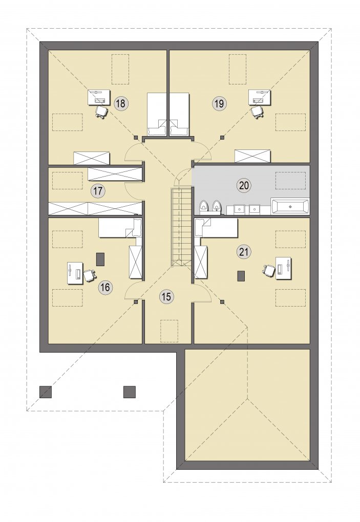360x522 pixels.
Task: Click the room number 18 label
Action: (120, 103)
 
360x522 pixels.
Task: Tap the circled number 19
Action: (219, 103)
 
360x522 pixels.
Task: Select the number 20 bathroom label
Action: (244, 185)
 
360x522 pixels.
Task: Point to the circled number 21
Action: (244, 252)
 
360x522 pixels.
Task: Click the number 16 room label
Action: (105, 287)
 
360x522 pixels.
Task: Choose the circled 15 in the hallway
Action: (166, 296)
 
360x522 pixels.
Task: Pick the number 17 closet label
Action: (98, 191)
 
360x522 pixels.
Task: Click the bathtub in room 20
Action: (290, 206)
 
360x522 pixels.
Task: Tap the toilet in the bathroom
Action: (203, 207)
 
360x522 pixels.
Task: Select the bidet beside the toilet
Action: (217, 207)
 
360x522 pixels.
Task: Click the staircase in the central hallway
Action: (181, 227)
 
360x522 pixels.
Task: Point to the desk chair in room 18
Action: (101, 112)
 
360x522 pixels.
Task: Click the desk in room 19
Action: (260, 97)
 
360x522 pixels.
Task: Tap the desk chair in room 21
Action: (269, 270)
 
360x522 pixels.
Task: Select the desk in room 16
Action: (75, 273)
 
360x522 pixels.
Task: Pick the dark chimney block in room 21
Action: (241, 276)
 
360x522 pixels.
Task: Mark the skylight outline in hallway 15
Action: (169, 331)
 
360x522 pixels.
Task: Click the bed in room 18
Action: (157, 114)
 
